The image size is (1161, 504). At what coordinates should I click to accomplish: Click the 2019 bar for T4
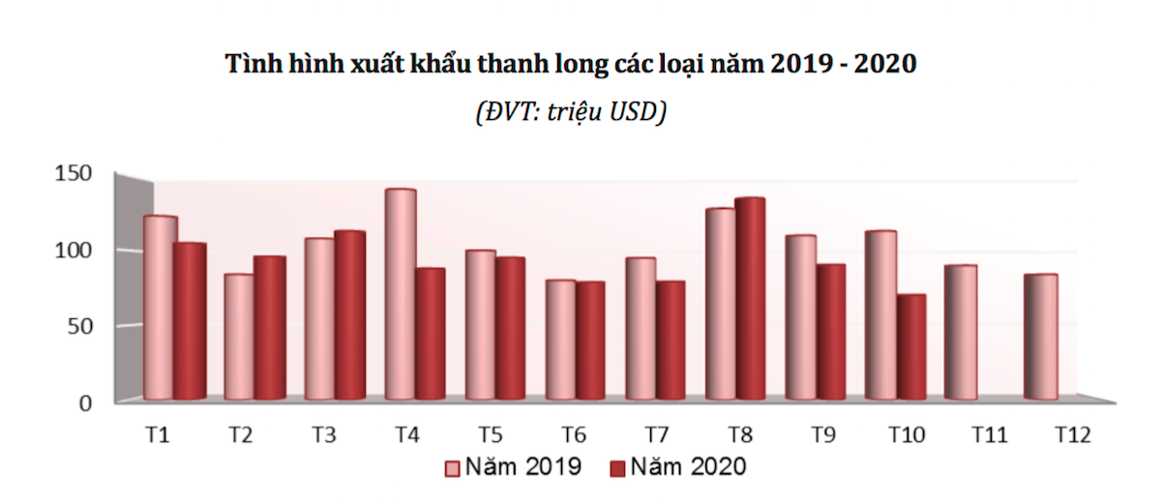point(401,295)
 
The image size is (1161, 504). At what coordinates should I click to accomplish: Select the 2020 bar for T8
point(750,299)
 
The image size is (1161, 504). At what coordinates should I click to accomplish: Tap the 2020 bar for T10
point(910,347)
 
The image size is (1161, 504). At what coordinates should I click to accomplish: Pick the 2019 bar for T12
point(1041,338)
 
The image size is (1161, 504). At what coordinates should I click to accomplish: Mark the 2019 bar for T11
point(961,333)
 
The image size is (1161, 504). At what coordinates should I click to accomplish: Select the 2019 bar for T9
point(800,317)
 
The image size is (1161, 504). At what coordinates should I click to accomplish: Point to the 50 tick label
point(78,326)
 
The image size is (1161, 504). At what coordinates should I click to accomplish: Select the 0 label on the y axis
point(84,402)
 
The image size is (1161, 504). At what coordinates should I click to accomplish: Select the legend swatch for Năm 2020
point(618,468)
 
